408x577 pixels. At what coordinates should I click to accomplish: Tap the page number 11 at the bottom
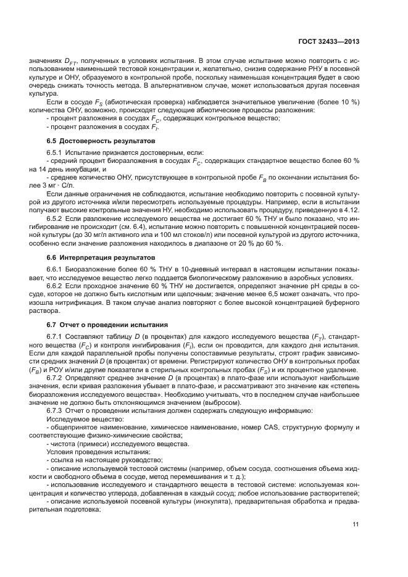click(x=356, y=525)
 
